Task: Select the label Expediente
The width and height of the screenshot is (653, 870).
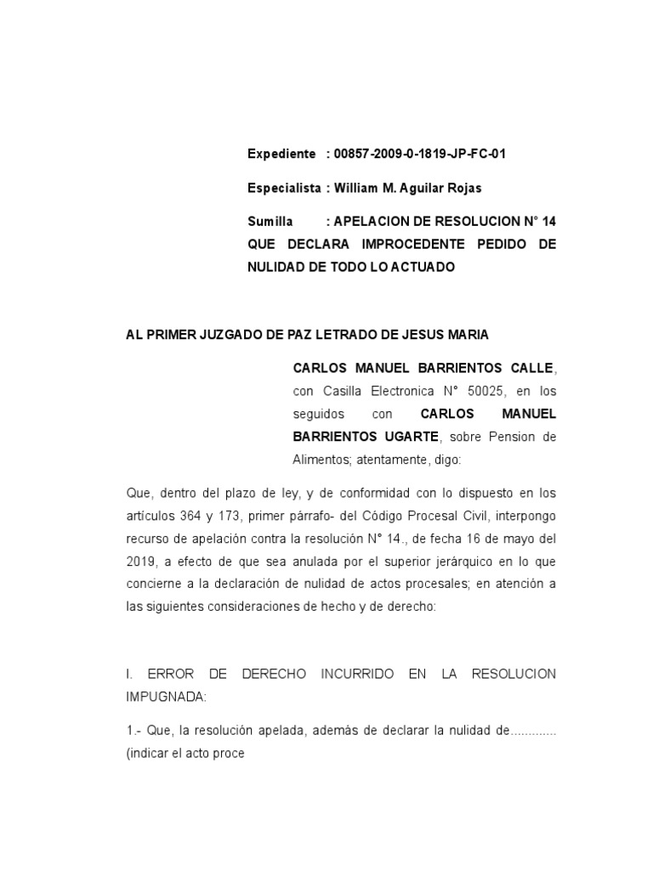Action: [x=281, y=154]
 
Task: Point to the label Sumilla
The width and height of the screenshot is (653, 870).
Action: [x=270, y=222]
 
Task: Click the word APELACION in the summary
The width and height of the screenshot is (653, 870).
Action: [x=376, y=222]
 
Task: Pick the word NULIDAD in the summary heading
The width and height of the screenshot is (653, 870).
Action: [x=275, y=267]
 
